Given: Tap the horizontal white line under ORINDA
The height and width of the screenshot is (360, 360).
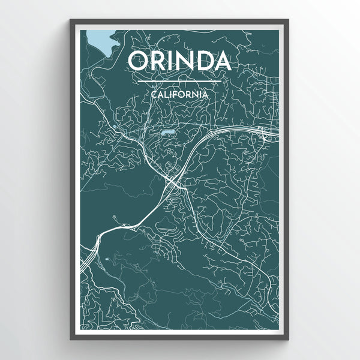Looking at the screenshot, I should pos(179,80).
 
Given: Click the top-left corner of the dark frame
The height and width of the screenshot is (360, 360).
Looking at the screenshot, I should pos(71,20).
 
